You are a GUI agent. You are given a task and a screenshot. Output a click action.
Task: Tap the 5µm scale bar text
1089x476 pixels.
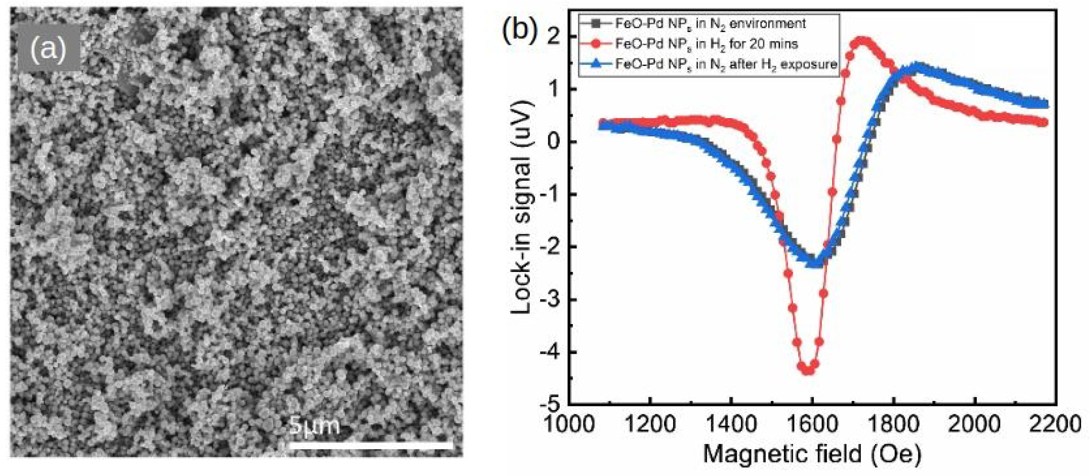tap(315, 426)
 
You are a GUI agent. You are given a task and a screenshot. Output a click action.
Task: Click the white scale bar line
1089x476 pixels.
tap(370, 445)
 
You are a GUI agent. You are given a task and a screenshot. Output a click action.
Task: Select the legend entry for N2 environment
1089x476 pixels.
tap(710, 23)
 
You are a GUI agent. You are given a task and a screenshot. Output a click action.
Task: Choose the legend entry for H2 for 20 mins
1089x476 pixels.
tap(706, 43)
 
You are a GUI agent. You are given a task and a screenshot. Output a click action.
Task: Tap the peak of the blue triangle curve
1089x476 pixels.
tap(916, 67)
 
